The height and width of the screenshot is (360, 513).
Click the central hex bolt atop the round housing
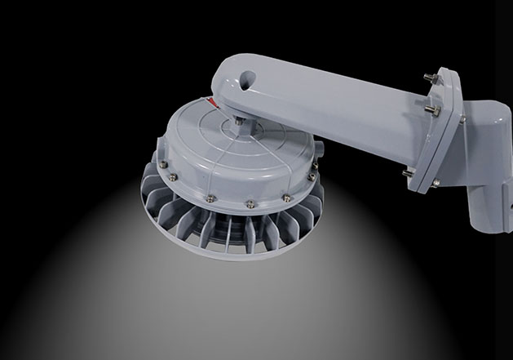[238, 122]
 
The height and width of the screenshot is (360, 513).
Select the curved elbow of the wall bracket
[485, 122]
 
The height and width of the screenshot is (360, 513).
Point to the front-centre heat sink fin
[237, 233]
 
